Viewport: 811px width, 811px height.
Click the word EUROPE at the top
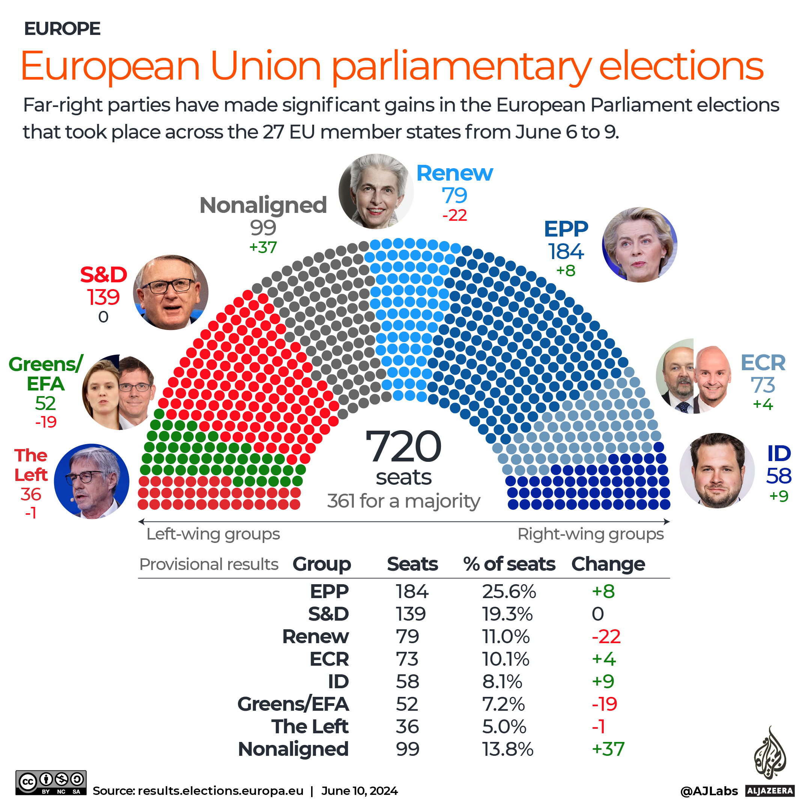(62, 29)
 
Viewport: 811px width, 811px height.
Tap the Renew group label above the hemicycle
(454, 173)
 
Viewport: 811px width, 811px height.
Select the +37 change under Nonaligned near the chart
(263, 247)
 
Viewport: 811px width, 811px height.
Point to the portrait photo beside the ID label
(716, 470)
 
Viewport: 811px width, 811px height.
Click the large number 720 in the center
(403, 446)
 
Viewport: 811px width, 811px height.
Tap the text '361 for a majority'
(403, 500)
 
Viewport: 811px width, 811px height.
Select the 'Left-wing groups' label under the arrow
(213, 534)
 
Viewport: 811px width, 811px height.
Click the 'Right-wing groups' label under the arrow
(590, 534)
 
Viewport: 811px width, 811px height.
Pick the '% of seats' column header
(509, 564)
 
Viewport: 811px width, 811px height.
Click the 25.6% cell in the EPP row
(509, 591)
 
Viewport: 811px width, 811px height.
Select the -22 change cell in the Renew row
(606, 636)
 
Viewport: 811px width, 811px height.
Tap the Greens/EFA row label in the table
(293, 704)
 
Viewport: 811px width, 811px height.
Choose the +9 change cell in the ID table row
(603, 681)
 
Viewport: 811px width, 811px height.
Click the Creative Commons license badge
(51, 782)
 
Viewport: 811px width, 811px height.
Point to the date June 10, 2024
(359, 791)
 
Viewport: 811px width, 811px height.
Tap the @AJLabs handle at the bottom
(709, 791)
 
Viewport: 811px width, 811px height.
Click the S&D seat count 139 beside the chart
(103, 297)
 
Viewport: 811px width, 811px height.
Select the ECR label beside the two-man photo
(762, 363)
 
